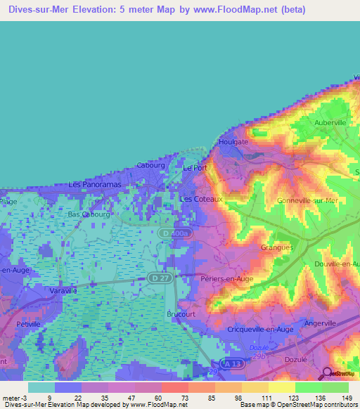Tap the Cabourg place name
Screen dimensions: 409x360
[x=150, y=166]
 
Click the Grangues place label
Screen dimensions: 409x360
[x=277, y=247]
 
